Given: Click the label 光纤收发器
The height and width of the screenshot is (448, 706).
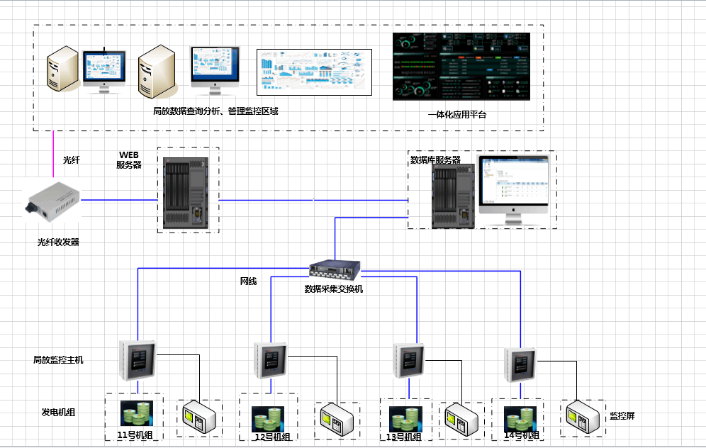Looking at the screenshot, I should click(58, 242).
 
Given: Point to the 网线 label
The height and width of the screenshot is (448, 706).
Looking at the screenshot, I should click(248, 281).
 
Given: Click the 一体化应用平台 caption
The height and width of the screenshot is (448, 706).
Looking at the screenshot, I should click(457, 114).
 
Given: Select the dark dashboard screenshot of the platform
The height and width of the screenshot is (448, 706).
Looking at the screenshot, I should click(461, 67).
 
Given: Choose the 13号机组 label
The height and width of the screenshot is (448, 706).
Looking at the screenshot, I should click(405, 437).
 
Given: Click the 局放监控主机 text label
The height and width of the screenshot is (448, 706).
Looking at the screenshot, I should click(58, 360).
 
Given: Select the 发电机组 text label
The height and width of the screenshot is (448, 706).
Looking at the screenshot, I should click(58, 412).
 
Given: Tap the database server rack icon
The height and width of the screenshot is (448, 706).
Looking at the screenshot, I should click(453, 195).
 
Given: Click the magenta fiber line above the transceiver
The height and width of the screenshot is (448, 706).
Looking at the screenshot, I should click(52, 156).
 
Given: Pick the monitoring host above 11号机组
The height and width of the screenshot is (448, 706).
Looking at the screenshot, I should click(138, 360).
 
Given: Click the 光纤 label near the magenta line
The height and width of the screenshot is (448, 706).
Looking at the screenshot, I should click(72, 160).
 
